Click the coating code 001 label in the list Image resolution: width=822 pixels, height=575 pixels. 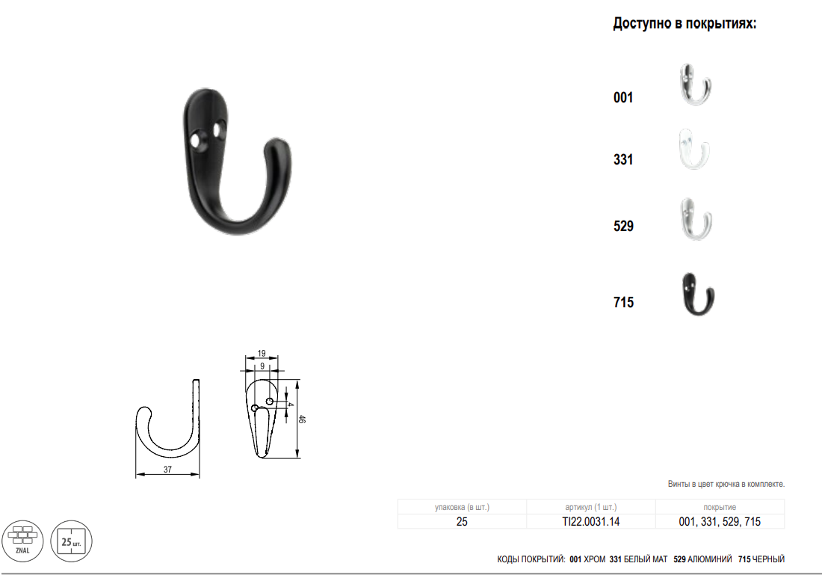coord(623,98)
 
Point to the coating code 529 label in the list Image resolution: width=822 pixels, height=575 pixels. coord(623,226)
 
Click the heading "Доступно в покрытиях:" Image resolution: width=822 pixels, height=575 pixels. coord(685,24)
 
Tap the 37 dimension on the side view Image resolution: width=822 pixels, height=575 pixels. coord(167,470)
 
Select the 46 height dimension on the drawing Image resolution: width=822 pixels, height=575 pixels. coord(301,419)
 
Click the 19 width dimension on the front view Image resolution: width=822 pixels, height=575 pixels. coord(262,354)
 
